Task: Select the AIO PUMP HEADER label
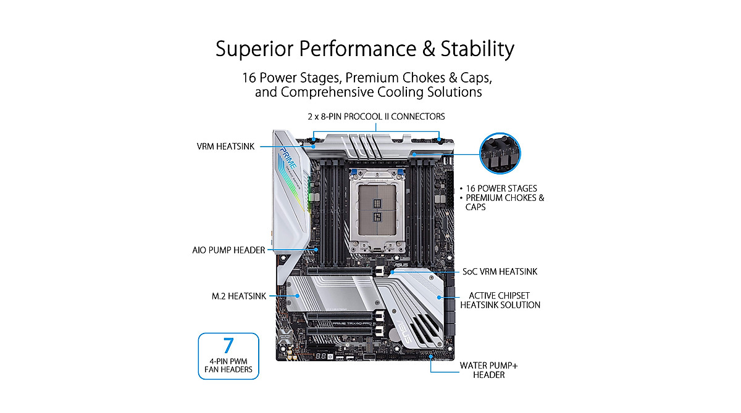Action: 228,250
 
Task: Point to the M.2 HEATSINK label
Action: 238,296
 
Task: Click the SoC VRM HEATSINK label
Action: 500,271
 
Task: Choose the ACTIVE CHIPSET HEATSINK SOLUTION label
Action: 500,300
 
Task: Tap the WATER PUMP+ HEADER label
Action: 488,370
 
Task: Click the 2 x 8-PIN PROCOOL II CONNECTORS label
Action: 376,117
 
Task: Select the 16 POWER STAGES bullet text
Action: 502,188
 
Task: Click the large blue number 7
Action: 228,345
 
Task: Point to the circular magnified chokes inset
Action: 500,154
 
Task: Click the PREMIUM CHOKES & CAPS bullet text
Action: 505,203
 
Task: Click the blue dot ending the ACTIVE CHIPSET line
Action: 439,297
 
